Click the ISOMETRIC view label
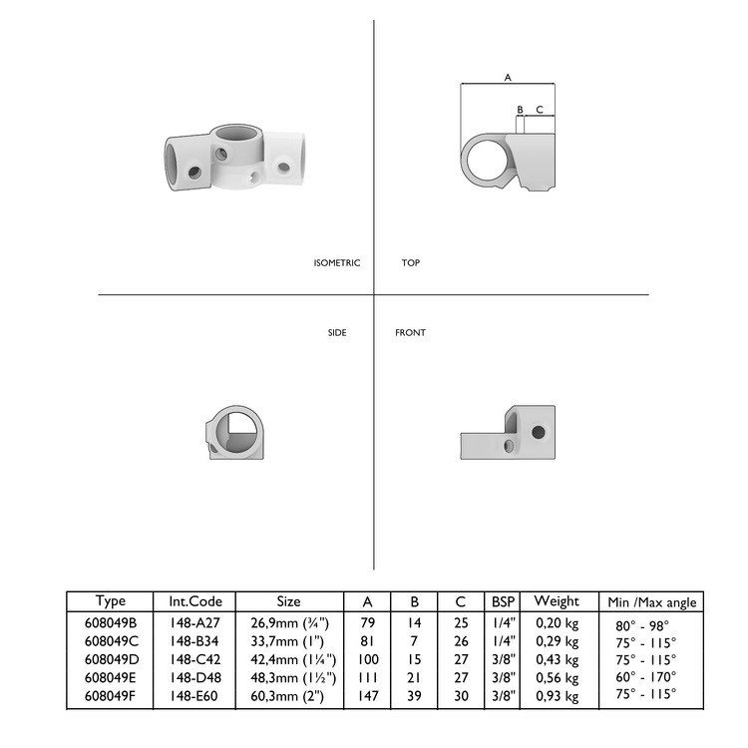coord(336,263)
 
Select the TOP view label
coord(410,263)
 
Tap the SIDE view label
coord(337,332)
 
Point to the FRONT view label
coord(410,332)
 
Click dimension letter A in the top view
coord(508,77)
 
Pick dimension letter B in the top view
coord(520,109)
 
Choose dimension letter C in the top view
coord(539,109)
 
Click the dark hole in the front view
coord(540,432)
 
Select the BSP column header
coord(502,601)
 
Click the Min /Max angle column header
coord(652,602)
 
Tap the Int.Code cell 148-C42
coord(196,659)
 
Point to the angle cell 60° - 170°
coord(646,677)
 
